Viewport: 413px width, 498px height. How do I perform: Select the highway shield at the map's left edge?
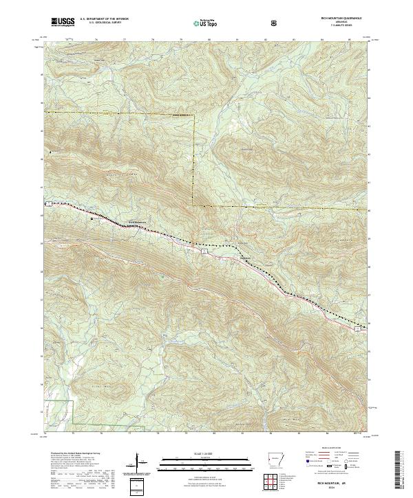[x=47, y=204]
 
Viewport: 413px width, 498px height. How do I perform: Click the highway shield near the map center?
[x=204, y=252]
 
